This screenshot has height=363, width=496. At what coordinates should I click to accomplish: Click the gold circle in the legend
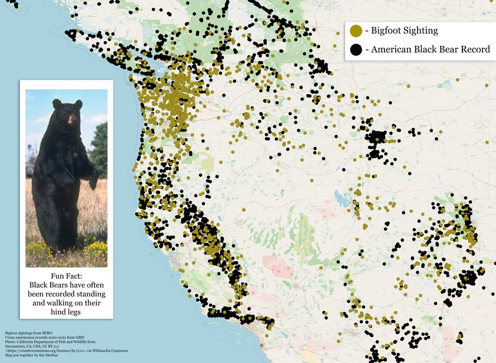click(355, 31)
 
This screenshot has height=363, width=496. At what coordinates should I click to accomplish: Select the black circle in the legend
click(355, 50)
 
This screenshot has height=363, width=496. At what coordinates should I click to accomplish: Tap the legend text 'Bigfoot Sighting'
click(401, 30)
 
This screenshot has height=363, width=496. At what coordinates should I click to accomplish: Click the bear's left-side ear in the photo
click(57, 103)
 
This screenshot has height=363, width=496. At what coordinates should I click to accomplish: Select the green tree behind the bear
click(100, 150)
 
